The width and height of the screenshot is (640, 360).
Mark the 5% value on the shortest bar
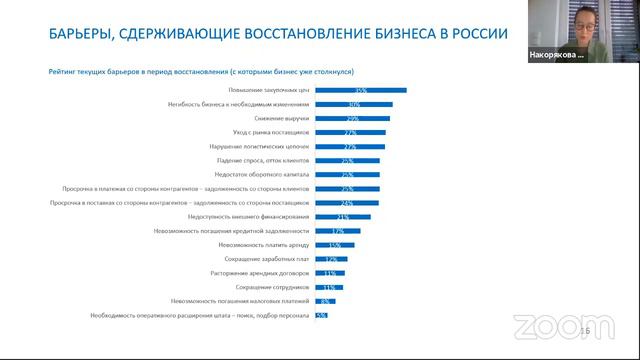pos(321,315)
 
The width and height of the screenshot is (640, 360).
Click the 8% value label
pos(324,300)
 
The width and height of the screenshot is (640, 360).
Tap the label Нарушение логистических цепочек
pos(254,146)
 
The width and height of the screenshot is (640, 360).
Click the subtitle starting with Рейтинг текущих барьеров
pos(209,71)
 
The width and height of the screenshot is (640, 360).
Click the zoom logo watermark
pos(548,326)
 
